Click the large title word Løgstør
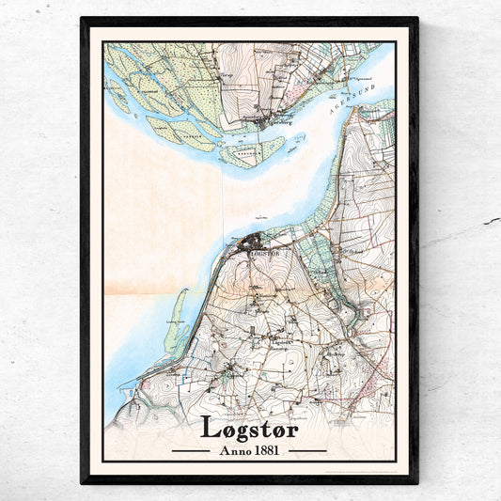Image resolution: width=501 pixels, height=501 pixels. [250, 426]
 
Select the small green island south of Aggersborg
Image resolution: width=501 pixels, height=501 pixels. [254, 149]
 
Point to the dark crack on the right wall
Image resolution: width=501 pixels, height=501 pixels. [491, 221]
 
